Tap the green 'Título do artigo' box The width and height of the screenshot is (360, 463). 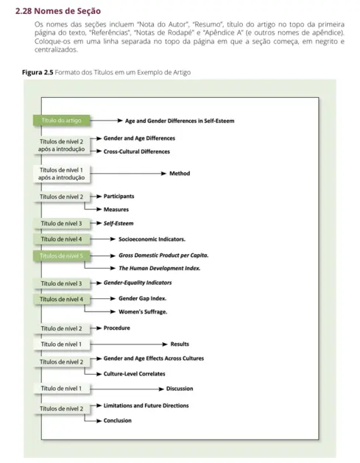(x=63, y=119)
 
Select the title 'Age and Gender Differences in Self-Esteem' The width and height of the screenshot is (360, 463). (x=180, y=119)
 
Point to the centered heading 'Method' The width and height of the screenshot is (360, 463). (x=180, y=174)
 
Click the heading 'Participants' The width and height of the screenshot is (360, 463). (x=119, y=197)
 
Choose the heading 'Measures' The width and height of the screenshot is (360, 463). (x=116, y=210)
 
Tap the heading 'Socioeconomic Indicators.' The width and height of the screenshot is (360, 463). (x=152, y=239)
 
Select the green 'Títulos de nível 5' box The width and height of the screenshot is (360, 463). (x=63, y=255)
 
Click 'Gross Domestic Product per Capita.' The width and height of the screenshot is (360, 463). (x=163, y=255)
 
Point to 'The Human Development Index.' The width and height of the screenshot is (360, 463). (x=159, y=269)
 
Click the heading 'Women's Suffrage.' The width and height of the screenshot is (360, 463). (x=143, y=312)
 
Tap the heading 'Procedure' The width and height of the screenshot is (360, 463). (x=117, y=328)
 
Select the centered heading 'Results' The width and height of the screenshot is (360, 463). (x=180, y=344)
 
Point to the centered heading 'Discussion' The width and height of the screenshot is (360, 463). (x=180, y=388)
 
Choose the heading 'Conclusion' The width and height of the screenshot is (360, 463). (x=118, y=420)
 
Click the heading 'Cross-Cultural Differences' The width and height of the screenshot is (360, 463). (x=137, y=152)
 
